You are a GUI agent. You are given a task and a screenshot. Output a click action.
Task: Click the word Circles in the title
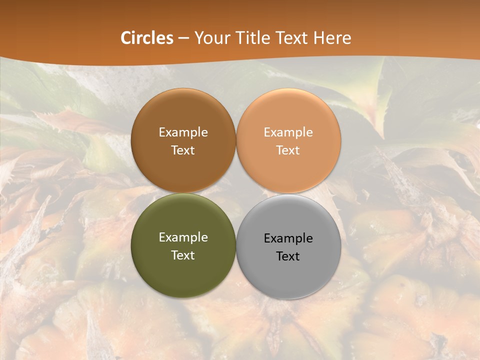click(x=147, y=37)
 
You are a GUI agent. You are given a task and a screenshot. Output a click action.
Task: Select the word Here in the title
click(x=332, y=37)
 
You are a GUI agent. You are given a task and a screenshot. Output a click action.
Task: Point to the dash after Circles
click(x=183, y=38)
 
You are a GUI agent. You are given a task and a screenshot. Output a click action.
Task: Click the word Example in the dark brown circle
click(x=183, y=132)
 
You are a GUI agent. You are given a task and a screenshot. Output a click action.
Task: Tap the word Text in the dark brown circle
click(x=183, y=150)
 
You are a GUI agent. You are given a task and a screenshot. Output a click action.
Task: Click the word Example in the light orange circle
click(x=288, y=132)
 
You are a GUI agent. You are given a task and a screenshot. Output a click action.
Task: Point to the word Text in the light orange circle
click(x=288, y=150)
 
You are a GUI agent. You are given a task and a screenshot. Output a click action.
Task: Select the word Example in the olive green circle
click(x=183, y=237)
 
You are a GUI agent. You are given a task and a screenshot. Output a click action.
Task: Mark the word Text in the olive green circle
click(x=183, y=255)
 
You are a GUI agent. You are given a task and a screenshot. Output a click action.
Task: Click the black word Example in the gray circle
click(x=288, y=238)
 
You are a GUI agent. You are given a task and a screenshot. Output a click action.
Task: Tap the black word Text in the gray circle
click(x=288, y=256)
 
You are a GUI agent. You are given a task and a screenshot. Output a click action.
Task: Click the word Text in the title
click(x=291, y=37)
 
